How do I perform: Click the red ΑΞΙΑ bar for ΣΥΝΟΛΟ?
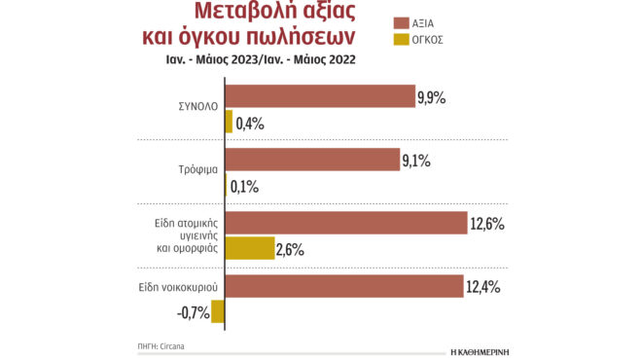coord(321,95)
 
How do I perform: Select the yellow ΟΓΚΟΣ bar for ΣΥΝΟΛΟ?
coord(229,122)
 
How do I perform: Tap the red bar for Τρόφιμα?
coord(312,160)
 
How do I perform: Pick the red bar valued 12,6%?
coord(346,224)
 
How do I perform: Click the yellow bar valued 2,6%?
coord(248,249)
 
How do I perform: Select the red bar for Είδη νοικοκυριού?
coord(344,287)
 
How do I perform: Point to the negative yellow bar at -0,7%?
coord(218,311)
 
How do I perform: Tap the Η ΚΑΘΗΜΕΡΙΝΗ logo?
coord(495,346)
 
